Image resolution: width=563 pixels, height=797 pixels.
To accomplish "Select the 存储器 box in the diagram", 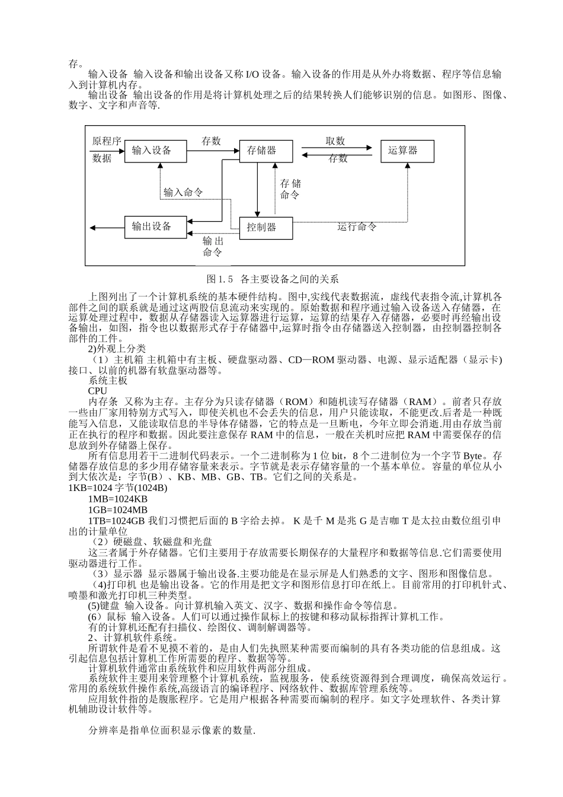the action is (x=265, y=151).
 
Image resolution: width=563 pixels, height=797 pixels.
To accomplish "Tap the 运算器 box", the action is (x=407, y=151).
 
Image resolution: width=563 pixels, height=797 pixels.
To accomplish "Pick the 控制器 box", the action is (x=265, y=227).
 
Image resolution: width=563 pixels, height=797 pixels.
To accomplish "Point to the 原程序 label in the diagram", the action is (x=107, y=141).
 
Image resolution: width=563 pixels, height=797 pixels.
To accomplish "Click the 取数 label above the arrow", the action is (x=335, y=141).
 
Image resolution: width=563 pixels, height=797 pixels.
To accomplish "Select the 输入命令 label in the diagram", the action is (x=183, y=192).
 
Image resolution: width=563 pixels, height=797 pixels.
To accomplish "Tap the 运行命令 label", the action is (x=357, y=227).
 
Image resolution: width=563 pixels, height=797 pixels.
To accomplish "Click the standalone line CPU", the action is (x=97, y=391).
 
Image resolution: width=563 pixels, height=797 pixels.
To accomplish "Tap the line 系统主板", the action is (x=108, y=381).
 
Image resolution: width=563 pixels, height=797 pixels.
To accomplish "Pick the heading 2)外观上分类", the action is (x=117, y=349).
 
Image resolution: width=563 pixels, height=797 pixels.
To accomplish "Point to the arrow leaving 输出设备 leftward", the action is (x=107, y=227).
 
